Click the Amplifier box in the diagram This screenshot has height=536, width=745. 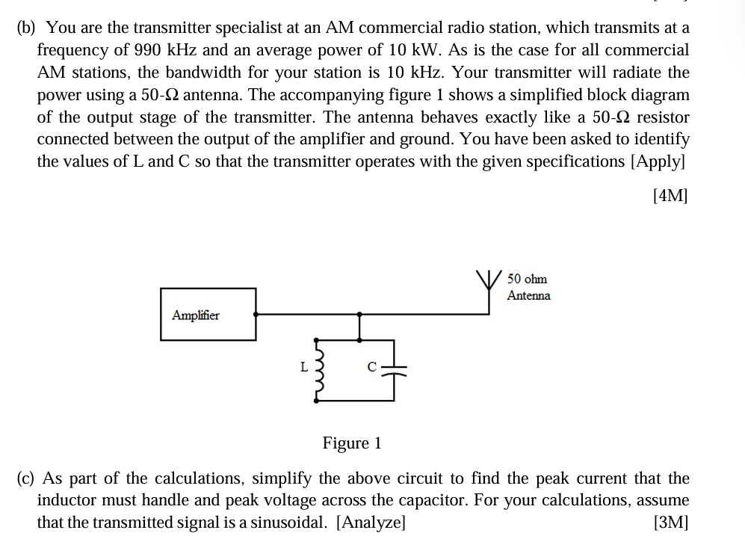[x=208, y=314]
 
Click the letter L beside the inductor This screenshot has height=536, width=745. [x=303, y=366]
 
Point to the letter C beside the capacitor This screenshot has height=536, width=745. [x=371, y=366]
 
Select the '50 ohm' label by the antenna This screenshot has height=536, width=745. [x=527, y=279]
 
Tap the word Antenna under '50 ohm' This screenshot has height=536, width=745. [x=528, y=295]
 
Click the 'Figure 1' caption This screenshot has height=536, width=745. [x=352, y=443]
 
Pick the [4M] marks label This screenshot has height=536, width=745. [x=670, y=195]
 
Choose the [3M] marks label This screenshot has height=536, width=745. [x=670, y=522]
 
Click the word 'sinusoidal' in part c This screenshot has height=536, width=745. [x=291, y=522]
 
